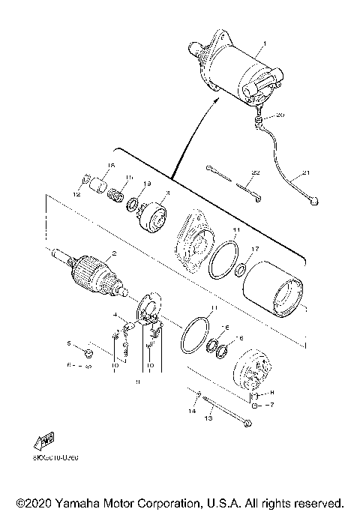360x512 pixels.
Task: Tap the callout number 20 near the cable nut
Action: (x=280, y=115)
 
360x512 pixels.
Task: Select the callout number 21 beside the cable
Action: (x=305, y=174)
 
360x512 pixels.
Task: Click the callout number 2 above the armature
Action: (x=114, y=253)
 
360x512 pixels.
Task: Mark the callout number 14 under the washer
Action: (x=191, y=412)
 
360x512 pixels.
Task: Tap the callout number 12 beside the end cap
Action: (x=76, y=194)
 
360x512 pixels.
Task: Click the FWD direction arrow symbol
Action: (x=44, y=442)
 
